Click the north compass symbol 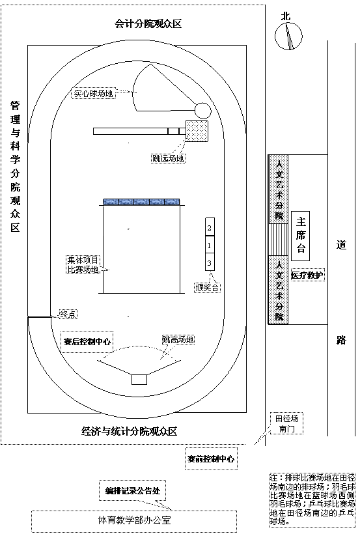pos(288,36)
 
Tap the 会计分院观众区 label pos(148,24)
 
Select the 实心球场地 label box pos(93,93)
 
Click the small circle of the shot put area pos(202,110)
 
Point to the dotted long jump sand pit pos(197,131)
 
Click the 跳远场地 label pos(169,158)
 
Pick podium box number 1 pos(210,246)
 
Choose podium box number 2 pos(210,227)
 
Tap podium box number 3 pos(210,262)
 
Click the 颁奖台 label pos(207,287)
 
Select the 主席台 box pos(300,236)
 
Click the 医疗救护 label pos(307,275)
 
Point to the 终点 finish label pos(68,314)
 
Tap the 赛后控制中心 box pos(87,341)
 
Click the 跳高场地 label pos(178,339)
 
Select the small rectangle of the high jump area pos(139,380)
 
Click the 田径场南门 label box pos(287,423)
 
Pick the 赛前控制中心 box pos(211,458)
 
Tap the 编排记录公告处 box pos(133,490)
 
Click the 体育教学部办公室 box pos(134,521)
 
